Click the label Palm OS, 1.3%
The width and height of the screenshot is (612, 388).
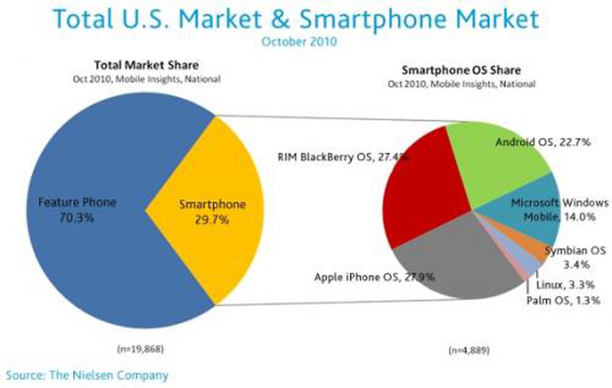tap(563, 301)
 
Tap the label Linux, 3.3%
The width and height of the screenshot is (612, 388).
tap(565, 285)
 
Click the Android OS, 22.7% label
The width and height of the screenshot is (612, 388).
tap(543, 142)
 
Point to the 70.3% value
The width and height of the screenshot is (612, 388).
tap(76, 218)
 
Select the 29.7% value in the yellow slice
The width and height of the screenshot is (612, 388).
tap(212, 220)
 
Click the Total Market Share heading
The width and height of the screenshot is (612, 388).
tap(146, 65)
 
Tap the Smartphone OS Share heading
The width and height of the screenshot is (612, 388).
tap(461, 70)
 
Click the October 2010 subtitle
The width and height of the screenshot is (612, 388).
tap(299, 41)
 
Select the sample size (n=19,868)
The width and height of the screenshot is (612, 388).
tap(140, 349)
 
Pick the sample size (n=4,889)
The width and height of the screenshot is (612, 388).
tap(469, 350)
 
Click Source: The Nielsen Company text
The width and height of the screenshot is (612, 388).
tap(87, 375)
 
